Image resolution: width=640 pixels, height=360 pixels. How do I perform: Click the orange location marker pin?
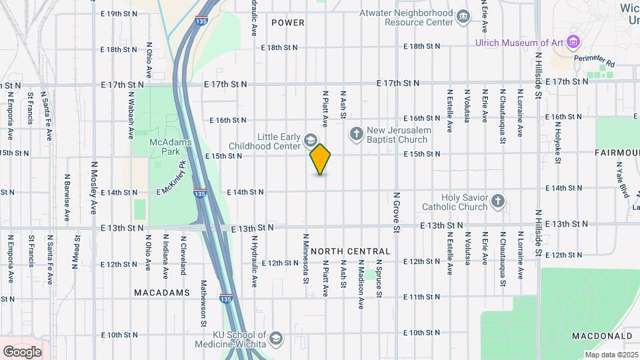point(321,159)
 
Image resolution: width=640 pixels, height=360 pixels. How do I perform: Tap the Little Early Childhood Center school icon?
point(310,140)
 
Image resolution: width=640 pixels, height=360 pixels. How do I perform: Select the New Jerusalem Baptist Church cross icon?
point(356,135)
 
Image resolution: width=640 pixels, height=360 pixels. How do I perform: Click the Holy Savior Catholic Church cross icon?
point(497,201)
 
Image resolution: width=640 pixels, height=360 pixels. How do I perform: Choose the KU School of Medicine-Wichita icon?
point(275,339)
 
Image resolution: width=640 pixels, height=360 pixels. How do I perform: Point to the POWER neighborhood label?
point(288,23)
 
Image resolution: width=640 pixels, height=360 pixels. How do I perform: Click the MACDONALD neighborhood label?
point(602,335)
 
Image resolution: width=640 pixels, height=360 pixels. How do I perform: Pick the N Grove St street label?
point(395,213)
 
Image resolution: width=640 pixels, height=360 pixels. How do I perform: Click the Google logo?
point(22,351)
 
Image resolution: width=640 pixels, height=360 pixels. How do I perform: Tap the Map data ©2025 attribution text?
point(609,354)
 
